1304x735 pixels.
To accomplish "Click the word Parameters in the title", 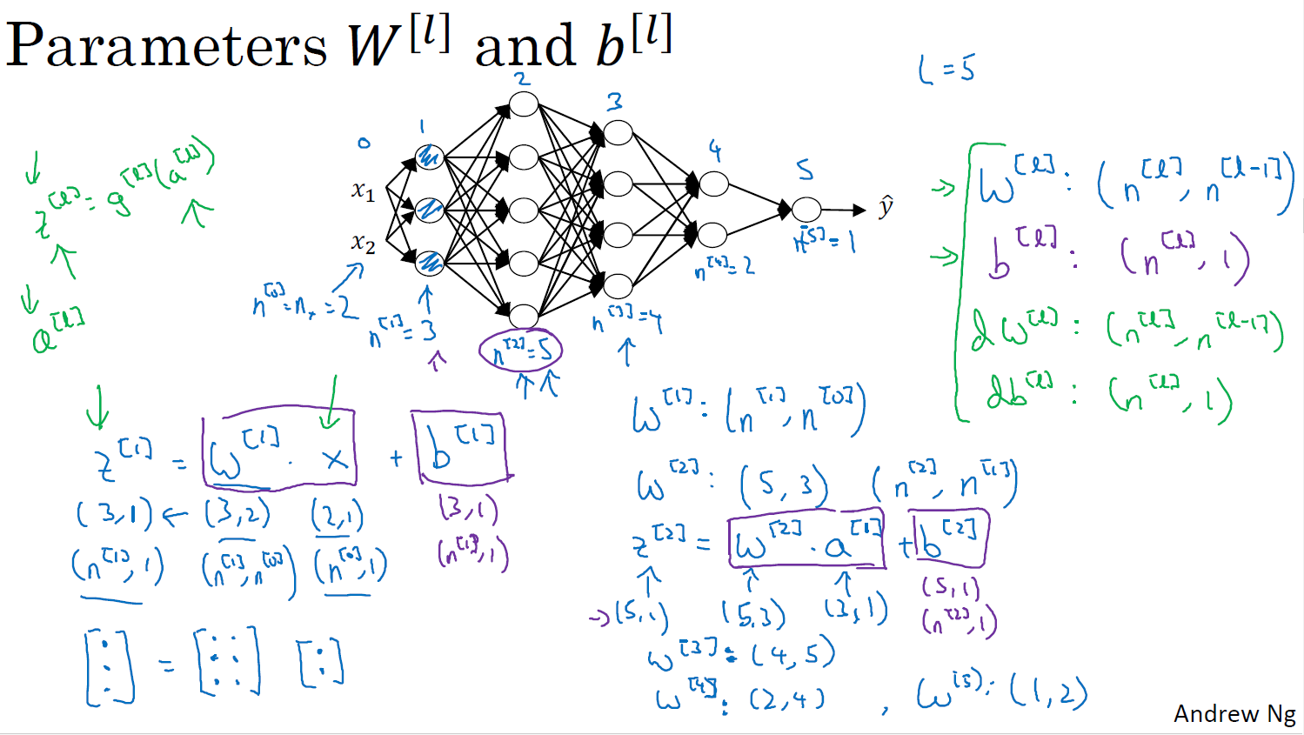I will pos(165,45).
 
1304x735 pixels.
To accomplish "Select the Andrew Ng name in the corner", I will pos(1234,713).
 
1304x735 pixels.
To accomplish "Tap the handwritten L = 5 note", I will pos(946,68).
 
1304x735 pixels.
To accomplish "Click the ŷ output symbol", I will pos(886,207).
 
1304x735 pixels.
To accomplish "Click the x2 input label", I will pos(363,243).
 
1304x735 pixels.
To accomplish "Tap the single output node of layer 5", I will pos(806,209).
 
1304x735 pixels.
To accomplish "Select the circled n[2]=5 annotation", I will pos(520,351).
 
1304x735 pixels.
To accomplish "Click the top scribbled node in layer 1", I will pos(430,157).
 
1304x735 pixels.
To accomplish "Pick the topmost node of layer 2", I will pos(524,104).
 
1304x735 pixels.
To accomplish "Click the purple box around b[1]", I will pos(461,447).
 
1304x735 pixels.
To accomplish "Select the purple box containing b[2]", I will pos(949,539).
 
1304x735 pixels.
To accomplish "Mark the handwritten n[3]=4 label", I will pos(626,322).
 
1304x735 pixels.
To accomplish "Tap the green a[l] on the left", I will pos(57,331).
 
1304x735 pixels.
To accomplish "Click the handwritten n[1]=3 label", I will pos(403,331).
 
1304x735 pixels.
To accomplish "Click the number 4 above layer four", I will pos(715,151).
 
